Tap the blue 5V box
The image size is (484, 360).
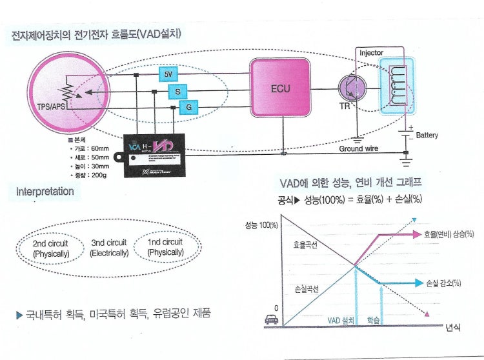169,75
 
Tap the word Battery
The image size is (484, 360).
427,135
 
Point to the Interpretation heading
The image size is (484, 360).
45,192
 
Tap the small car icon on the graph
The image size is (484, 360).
272,319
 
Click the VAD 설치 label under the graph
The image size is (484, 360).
342,320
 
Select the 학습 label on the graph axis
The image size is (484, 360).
374,320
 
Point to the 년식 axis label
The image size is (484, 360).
452,328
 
